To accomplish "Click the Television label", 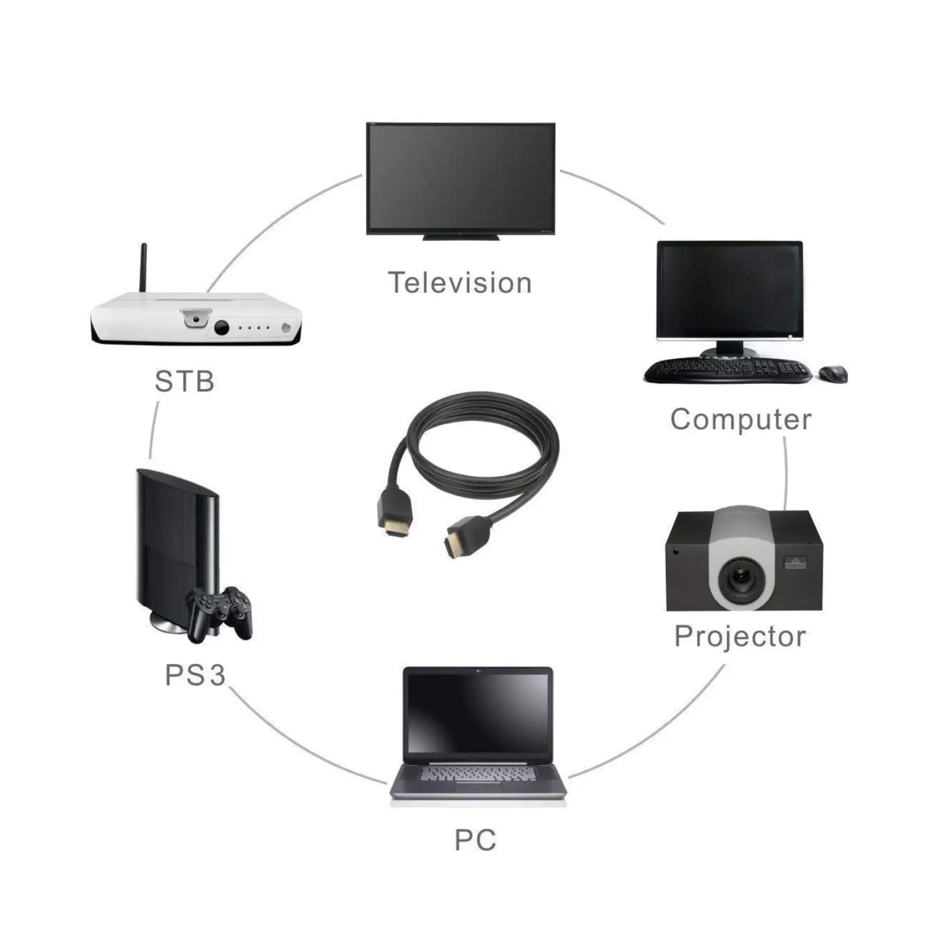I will click(459, 283).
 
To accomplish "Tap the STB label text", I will click(184, 382).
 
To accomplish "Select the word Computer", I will click(740, 419).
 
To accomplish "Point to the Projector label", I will click(740, 636).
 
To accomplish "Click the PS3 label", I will click(195, 675).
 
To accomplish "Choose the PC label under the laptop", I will click(475, 840).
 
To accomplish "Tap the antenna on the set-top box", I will click(144, 268).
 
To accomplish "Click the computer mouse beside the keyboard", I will click(833, 373).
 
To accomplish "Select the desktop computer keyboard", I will click(727, 370).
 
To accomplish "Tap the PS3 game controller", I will click(219, 613).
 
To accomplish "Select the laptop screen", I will click(477, 714).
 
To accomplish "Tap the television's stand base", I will click(461, 238).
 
